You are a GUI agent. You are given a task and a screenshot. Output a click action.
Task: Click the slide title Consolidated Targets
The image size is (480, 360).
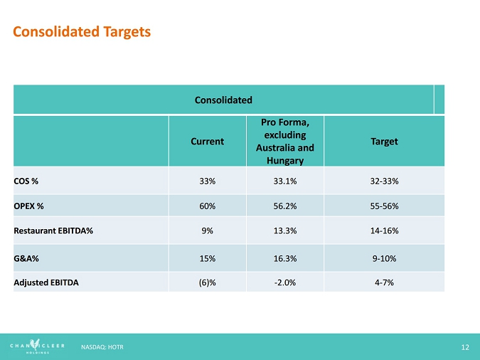[82, 32]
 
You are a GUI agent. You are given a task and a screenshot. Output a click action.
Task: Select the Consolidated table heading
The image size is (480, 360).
[224, 100]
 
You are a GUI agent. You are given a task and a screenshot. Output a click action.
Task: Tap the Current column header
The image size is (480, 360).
[207, 142]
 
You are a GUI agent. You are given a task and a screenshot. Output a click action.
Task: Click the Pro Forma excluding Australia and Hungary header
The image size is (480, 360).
[284, 142]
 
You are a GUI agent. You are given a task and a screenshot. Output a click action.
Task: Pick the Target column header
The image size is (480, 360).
[384, 142]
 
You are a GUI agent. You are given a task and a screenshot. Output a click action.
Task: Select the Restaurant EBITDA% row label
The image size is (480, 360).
[53, 231]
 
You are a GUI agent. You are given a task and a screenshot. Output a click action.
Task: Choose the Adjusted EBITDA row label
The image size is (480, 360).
[46, 282]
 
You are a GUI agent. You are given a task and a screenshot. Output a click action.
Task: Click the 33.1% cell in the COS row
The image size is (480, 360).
[284, 181]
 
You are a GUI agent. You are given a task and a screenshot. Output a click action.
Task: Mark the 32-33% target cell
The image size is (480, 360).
[384, 181]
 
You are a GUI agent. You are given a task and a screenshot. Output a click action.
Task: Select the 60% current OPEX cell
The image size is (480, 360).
[207, 206]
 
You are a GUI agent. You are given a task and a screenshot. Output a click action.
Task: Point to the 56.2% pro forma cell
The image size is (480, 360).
[284, 206]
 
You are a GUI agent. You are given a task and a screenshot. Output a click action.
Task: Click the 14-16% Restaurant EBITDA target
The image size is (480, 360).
[384, 231]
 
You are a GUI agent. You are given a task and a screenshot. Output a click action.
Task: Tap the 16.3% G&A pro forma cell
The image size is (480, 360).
[284, 258]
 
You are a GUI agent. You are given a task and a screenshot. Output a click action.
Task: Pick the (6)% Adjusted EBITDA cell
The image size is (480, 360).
[207, 282]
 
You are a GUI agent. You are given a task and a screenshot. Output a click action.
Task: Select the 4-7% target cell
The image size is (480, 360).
[384, 282]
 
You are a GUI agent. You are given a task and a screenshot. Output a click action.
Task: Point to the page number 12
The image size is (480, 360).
[465, 346]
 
